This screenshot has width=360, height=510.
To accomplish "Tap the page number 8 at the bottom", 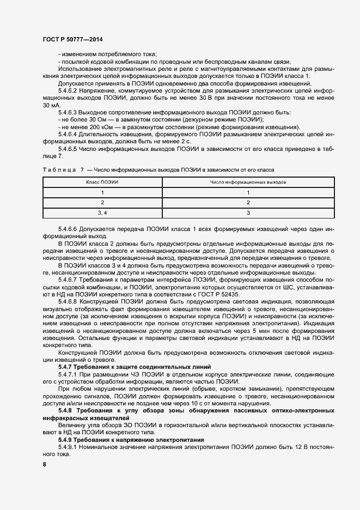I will pos(44,464).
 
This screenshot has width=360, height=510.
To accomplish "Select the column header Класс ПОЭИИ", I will pos(102,182).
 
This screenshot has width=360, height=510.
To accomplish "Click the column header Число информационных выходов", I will pos(248,182).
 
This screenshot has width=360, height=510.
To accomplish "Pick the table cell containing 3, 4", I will pos(102,212).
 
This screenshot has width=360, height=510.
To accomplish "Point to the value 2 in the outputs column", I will pos(248,202).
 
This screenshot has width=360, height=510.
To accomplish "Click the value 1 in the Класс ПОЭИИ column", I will pos(102,192).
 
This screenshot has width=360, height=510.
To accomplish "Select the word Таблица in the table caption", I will pos(59,170).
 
